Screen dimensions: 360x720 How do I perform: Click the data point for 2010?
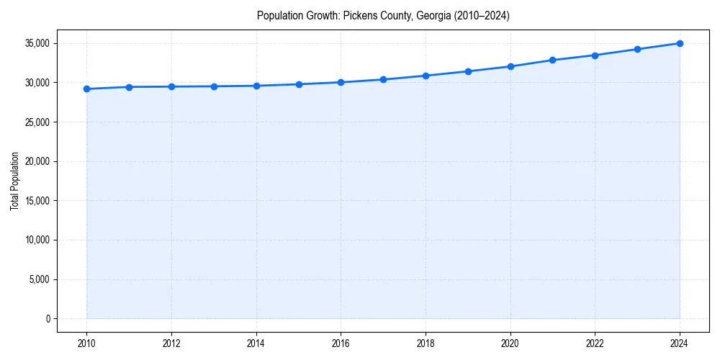pyautogui.click(x=86, y=89)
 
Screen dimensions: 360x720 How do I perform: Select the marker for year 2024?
pyautogui.click(x=680, y=43)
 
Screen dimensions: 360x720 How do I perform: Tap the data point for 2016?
pyautogui.click(x=341, y=82)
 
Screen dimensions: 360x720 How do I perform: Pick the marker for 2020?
pyautogui.click(x=510, y=66)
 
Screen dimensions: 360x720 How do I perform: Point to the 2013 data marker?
pyautogui.click(x=214, y=86)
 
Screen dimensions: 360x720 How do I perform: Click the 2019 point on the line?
pyautogui.click(x=468, y=71)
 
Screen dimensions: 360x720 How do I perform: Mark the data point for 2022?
pyautogui.click(x=595, y=55)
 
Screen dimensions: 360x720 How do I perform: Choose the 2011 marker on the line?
pyautogui.click(x=129, y=87)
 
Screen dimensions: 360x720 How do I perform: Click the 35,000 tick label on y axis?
pyautogui.click(x=37, y=43)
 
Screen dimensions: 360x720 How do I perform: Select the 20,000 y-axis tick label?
pyautogui.click(x=37, y=161)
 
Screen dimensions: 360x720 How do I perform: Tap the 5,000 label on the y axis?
pyautogui.click(x=39, y=279)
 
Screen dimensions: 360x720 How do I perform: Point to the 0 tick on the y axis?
pyautogui.click(x=48, y=319)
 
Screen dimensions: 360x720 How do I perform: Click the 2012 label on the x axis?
pyautogui.click(x=171, y=343)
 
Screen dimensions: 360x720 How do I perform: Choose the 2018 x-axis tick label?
pyautogui.click(x=426, y=343)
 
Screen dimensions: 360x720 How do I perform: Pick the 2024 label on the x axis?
pyautogui.click(x=680, y=343)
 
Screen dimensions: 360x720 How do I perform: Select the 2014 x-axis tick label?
pyautogui.click(x=256, y=343)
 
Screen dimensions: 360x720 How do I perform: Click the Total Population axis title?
pyautogui.click(x=14, y=181)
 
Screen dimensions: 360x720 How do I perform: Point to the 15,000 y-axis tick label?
pyautogui.click(x=37, y=201)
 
